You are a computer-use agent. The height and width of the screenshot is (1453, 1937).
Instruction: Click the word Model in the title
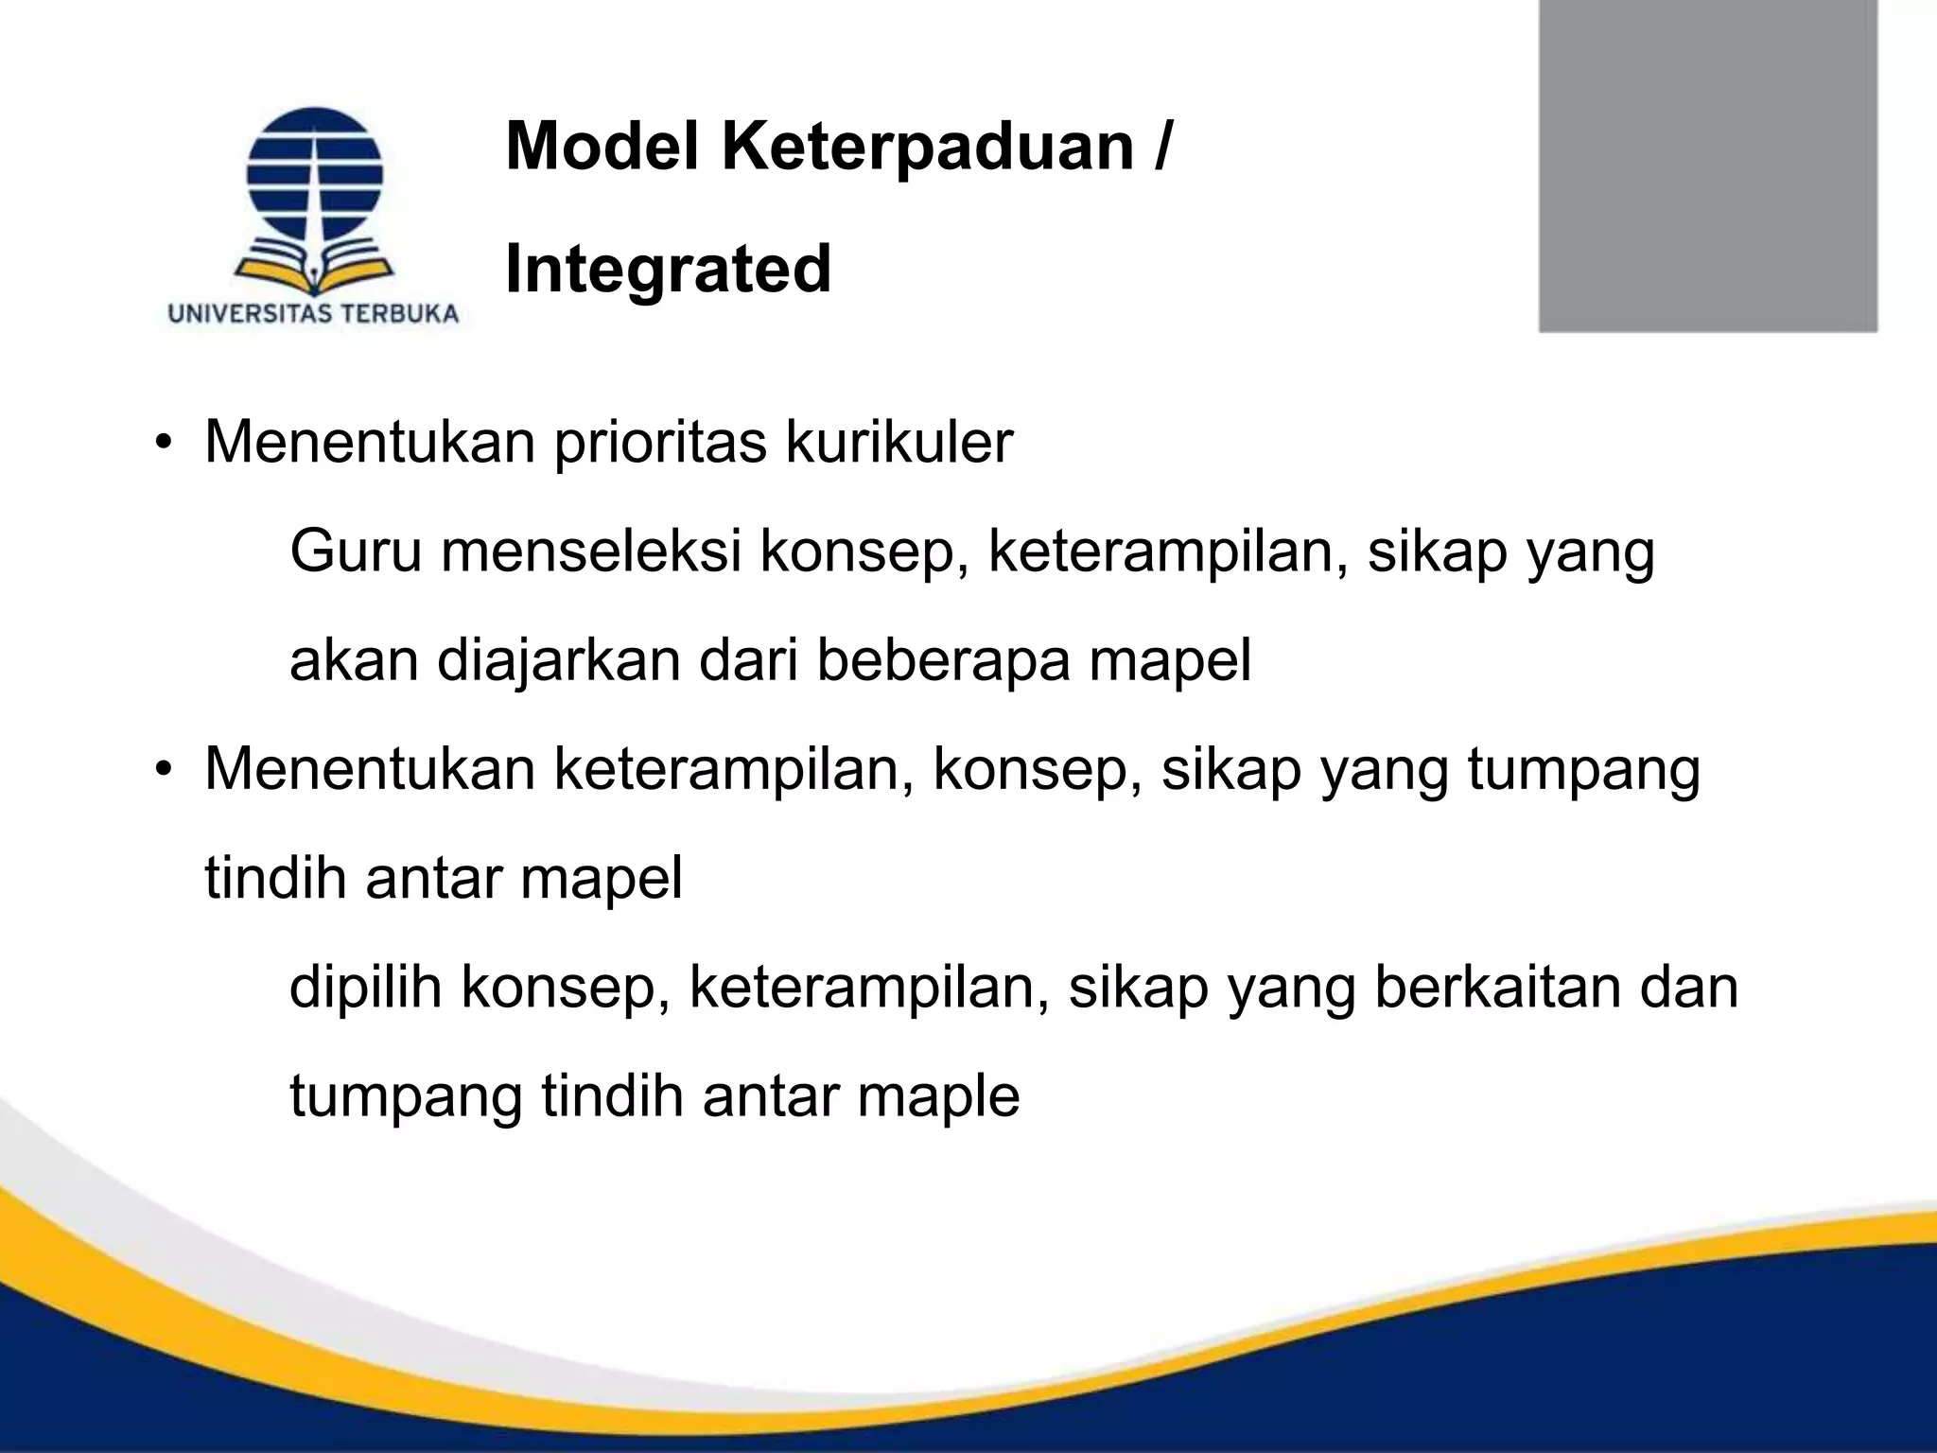(602, 147)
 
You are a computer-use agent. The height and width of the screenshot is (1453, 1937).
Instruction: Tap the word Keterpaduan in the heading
(928, 149)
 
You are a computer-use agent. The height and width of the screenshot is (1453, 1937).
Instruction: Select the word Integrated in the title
(668, 270)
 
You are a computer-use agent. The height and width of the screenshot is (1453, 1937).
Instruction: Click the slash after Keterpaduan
(1161, 149)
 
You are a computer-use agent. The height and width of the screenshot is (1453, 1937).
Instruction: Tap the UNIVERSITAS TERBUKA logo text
(313, 314)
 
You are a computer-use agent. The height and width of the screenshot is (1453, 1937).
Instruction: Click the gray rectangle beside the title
(1707, 166)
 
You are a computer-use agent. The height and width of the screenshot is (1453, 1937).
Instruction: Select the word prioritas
(660, 442)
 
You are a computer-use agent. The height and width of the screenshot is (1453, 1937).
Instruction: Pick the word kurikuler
(899, 442)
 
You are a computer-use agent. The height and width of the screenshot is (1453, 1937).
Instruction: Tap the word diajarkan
(559, 660)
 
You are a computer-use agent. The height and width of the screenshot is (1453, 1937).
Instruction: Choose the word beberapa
(943, 660)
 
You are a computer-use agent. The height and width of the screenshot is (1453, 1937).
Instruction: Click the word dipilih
(365, 988)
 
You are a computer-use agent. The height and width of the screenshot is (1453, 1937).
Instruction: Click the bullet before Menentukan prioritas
(165, 443)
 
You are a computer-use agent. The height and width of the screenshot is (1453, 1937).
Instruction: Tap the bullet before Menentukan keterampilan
(165, 769)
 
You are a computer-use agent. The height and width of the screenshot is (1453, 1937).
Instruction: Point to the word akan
(354, 660)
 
